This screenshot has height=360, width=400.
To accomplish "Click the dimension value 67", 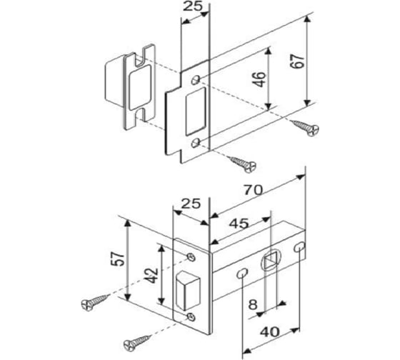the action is (297, 61).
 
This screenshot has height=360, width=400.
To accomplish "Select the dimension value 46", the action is (260, 79).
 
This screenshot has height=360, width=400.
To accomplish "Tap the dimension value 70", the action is (253, 190).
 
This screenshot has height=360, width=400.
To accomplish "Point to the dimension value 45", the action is (239, 224).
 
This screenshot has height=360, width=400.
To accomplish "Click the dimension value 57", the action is (119, 259).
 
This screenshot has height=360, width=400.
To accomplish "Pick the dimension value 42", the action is (153, 276).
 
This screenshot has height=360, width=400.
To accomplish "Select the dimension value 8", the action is (253, 304).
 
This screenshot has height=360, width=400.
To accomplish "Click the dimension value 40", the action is (270, 332).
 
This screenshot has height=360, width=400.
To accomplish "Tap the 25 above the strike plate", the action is (193, 6).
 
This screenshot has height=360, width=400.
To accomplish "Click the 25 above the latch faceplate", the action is (191, 204).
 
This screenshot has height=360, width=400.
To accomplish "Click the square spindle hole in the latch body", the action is (271, 260).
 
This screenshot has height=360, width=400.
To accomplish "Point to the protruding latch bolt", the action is (188, 291).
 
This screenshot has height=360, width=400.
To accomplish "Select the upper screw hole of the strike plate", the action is (196, 79).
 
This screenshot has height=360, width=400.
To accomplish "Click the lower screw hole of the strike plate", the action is (196, 143).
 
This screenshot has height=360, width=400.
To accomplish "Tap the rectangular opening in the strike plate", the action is (196, 111).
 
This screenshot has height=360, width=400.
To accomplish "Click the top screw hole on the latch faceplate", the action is (191, 257).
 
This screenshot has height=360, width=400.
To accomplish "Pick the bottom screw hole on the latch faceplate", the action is (191, 317).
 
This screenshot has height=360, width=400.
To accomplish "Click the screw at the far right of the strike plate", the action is (306, 127).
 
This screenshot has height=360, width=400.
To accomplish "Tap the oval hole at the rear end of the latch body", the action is (299, 247).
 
